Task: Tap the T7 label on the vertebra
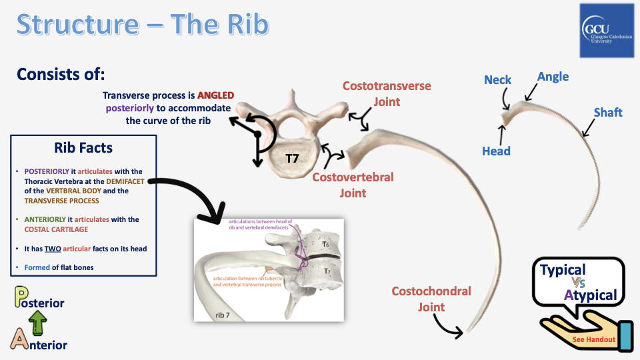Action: pyautogui.click(x=293, y=158)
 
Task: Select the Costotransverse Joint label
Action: pyautogui.click(x=387, y=94)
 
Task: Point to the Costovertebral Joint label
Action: pyautogui.click(x=353, y=185)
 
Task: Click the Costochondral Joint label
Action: pyautogui.click(x=431, y=299)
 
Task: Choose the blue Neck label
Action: pyautogui.click(x=497, y=80)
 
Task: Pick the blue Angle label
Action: pyautogui.click(x=553, y=77)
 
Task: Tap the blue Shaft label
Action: pyautogui.click(x=607, y=112)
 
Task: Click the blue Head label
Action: pyautogui.click(x=496, y=151)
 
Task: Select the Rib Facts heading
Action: pyautogui.click(x=83, y=148)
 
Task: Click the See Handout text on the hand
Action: pyautogui.click(x=593, y=339)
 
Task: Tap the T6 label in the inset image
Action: pyautogui.click(x=325, y=244)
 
